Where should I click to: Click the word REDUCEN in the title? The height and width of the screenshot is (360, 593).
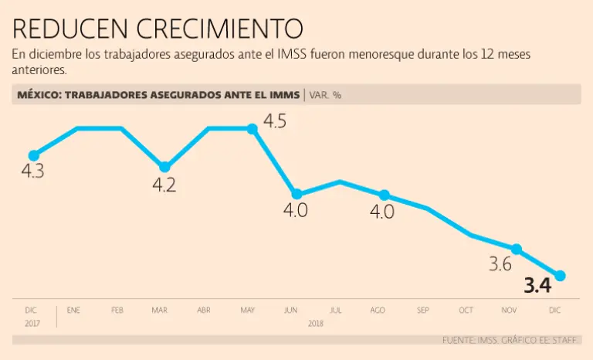click(70, 29)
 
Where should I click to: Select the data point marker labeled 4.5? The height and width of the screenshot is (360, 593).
click(252, 128)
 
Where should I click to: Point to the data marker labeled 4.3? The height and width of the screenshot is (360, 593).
click(33, 155)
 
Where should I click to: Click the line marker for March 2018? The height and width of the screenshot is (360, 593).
click(164, 167)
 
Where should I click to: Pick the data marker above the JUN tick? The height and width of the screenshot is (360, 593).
click(296, 194)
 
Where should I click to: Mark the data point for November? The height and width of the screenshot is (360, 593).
click(517, 249)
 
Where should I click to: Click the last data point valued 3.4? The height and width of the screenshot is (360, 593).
click(561, 276)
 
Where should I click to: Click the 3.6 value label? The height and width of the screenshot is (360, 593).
click(500, 264)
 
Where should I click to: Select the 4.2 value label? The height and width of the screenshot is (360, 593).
click(164, 185)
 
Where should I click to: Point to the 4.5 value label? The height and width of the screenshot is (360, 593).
click(275, 121)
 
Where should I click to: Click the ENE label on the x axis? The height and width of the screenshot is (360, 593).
click(73, 310)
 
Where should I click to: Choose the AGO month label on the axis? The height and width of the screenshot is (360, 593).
click(378, 310)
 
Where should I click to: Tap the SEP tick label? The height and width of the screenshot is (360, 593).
click(423, 310)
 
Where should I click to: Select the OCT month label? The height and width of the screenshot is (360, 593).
click(466, 310)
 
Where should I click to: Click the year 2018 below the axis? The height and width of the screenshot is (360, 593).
click(315, 324)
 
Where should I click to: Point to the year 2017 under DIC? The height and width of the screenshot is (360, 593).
click(31, 324)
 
